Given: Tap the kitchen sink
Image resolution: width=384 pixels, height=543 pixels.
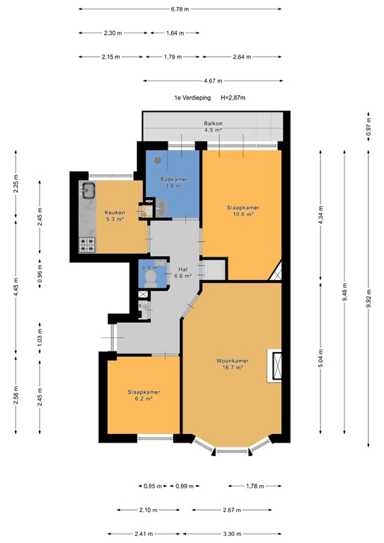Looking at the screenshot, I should [89, 189].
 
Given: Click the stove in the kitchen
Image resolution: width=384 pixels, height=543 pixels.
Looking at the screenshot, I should [88, 245].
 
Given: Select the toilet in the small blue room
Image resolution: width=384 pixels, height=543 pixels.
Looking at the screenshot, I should [149, 279].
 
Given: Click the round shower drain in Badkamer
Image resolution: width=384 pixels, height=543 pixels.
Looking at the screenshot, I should [158, 160].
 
